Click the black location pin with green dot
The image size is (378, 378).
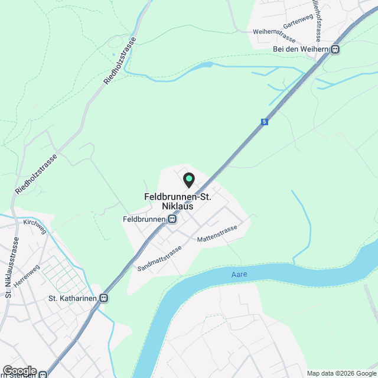pos(188,179)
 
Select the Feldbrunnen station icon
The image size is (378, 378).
pos(172,219)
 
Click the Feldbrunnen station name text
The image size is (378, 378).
pos(144,219)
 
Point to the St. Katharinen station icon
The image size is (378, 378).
pos(104,298)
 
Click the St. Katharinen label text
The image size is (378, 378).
pos(71,298)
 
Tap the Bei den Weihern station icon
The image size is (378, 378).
pos(335,50)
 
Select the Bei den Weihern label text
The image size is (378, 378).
pos(300,50)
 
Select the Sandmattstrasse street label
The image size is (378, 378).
pos(159,258)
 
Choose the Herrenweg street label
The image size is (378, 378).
pos(27,276)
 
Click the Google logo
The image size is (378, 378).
pos(19,370)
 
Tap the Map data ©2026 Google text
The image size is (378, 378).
pos(341,373)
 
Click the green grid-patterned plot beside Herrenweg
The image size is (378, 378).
pos(59,272)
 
